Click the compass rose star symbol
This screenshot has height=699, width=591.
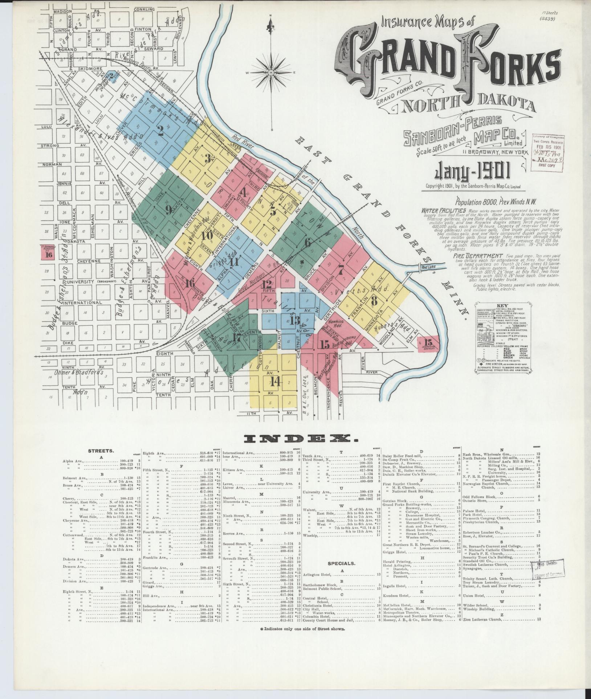click(x=271, y=73)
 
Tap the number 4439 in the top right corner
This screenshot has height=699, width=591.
click(x=548, y=19)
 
